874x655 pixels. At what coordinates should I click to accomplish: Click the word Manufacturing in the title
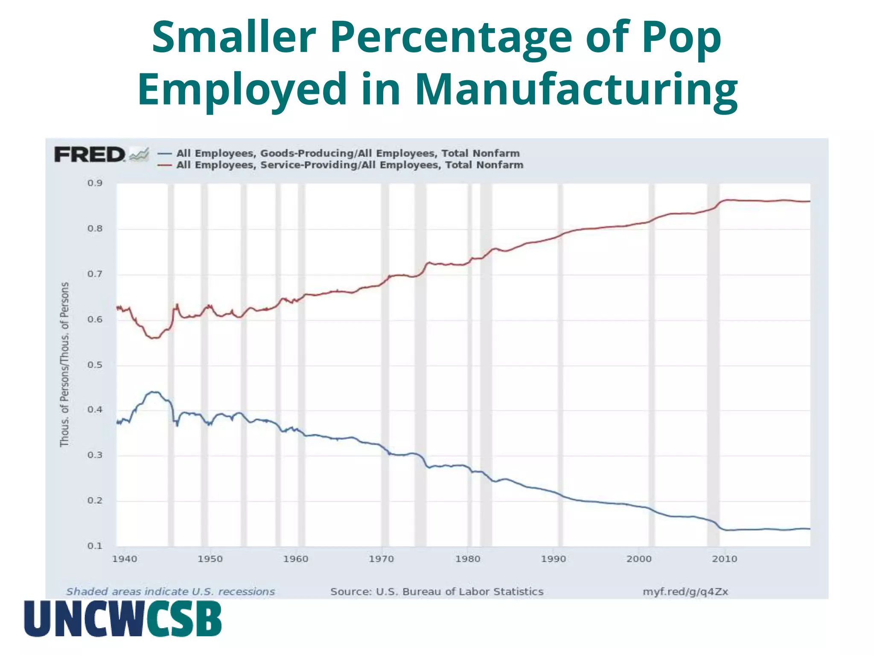pos(576,89)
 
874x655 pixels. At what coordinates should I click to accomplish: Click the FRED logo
pos(90,154)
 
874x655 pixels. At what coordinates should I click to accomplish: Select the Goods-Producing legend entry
pos(347,154)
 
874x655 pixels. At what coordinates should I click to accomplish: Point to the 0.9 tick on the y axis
pos(95,183)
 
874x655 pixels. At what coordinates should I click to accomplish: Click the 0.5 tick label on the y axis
pos(95,365)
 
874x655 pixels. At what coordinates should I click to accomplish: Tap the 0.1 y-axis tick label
pos(95,546)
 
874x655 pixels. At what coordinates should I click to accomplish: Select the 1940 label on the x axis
pos(125,559)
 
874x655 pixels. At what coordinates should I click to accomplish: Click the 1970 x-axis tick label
pos(382,559)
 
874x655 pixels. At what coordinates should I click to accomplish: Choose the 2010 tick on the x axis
pos(725,559)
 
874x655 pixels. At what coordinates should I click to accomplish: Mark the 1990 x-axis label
pos(554,559)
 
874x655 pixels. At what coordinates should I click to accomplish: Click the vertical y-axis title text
pos(64,365)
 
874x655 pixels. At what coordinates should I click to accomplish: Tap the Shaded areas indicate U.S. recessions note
pos(170,592)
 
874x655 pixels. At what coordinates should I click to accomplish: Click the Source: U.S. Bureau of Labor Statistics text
pos(437,592)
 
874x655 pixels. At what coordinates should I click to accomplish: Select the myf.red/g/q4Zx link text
pos(685,592)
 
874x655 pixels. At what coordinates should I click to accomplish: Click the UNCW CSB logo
pos(123,619)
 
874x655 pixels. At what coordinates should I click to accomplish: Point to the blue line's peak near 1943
pos(153,391)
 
